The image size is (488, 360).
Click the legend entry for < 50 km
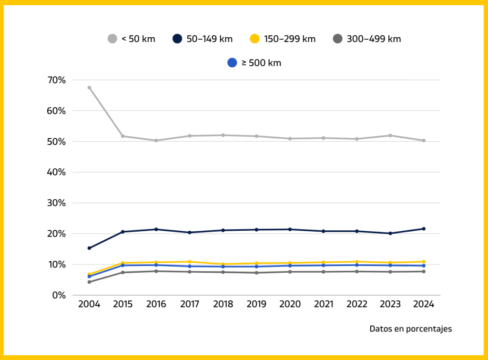132,39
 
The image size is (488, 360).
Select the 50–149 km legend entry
203,39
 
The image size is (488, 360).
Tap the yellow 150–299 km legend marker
255,39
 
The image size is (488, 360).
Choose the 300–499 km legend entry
367,39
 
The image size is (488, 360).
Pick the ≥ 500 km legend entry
254,62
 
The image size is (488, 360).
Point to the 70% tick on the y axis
56,80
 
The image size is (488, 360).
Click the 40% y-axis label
56,172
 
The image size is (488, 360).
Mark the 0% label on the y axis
58,295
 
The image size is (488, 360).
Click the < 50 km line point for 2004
89,88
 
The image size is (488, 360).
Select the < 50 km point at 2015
122,136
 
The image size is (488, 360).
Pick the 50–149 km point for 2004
89,248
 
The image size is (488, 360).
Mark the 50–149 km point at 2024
424,229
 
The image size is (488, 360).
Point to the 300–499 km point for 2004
89,282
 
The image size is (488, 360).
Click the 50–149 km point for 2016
156,229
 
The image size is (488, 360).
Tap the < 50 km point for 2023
390,135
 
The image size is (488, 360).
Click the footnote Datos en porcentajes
410,329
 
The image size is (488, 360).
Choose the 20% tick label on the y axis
56,234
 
